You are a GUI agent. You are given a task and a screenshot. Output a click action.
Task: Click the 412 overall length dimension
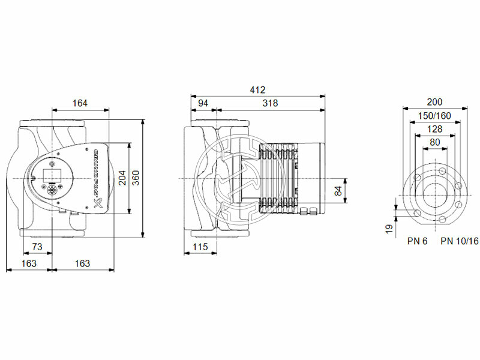click(x=257, y=89)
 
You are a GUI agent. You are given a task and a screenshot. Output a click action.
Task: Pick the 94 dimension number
click(x=203, y=103)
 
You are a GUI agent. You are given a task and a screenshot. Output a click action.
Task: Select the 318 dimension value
click(x=270, y=103)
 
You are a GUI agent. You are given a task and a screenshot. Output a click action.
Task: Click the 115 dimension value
click(x=200, y=247)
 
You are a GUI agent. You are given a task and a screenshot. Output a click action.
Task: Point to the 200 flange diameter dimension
click(x=436, y=102)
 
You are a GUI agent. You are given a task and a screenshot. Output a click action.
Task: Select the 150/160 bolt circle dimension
click(x=435, y=116)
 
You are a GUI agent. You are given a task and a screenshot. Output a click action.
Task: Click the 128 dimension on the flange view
click(x=435, y=129)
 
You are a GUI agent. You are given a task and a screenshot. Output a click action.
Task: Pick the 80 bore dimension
click(x=435, y=142)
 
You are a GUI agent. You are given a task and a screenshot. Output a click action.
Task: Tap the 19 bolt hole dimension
click(x=389, y=228)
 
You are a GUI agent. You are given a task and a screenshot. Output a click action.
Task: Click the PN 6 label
click(x=417, y=241)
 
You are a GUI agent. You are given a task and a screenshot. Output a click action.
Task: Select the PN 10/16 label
click(x=460, y=241)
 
